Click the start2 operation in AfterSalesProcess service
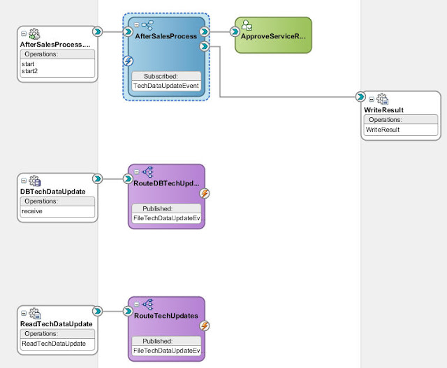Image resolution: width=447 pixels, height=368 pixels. pos(29,71)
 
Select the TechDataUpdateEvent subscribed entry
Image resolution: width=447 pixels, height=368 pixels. pos(166,86)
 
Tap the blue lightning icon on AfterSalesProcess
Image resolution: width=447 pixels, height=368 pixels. pos(128,61)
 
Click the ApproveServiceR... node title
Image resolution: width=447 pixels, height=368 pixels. pos(273,36)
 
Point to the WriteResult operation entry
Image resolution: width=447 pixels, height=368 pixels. pos(383,130)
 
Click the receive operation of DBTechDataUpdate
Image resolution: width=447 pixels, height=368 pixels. pos(32,211)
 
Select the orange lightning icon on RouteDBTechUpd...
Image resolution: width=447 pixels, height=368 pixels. pos(205,193)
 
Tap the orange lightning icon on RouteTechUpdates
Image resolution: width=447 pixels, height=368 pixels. pos(205,326)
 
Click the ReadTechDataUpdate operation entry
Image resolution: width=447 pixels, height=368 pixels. pos(54,344)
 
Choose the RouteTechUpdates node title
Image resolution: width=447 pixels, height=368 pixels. pos(166,316)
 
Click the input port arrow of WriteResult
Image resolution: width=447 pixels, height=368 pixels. pos(360,97)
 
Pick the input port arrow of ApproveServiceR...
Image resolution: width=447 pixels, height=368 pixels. pos(235,31)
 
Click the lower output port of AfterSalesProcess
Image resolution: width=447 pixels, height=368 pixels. pos(205,46)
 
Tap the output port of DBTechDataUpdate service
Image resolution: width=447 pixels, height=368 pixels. pos(98,178)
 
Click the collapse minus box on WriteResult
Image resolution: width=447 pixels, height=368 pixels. pos(371,99)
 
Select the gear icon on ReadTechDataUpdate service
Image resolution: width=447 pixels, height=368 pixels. pos(35,314)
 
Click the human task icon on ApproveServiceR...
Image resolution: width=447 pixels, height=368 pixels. pos(247,25)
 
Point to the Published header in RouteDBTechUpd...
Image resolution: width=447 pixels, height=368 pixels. pos(157,208)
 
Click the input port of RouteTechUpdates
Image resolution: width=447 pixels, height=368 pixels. pos(128,311)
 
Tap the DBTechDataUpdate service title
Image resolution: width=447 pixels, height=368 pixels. pos(53,192)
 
